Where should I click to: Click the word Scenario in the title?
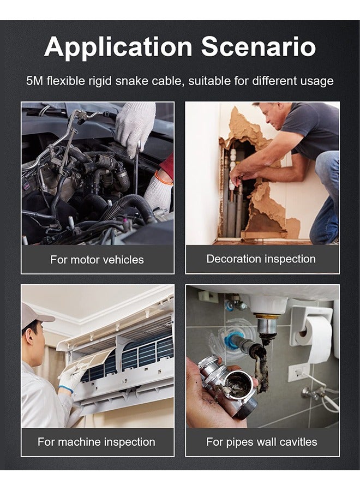click(x=259, y=47)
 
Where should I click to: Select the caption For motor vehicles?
click(x=97, y=260)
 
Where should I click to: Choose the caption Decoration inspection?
click(x=261, y=259)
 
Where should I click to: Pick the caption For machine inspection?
click(x=97, y=442)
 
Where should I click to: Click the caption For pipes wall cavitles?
click(x=261, y=442)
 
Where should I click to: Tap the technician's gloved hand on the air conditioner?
click(x=71, y=376)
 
